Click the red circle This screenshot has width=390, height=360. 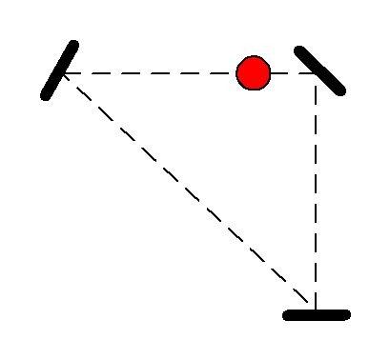pyautogui.click(x=254, y=72)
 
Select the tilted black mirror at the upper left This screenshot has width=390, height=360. pyautogui.click(x=60, y=70)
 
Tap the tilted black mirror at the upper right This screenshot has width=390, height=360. pyautogui.click(x=320, y=70)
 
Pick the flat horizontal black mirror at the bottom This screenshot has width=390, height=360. pyautogui.click(x=317, y=314)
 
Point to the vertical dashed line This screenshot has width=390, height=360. pyautogui.click(x=316, y=190)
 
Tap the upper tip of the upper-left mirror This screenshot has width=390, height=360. pyautogui.click(x=75, y=44)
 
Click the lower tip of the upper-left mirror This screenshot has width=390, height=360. pyautogui.click(x=45, y=96)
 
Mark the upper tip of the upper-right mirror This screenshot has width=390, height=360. pyautogui.click(x=299, y=50)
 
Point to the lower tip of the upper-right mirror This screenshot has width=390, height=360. pyautogui.click(x=342, y=91)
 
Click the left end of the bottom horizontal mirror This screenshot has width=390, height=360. pyautogui.click(x=287, y=314)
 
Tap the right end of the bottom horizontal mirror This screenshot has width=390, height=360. pyautogui.click(x=347, y=314)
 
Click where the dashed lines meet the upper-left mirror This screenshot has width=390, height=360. pyautogui.click(x=62, y=72)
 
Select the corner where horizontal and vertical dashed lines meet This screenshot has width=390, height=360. pyautogui.click(x=316, y=73)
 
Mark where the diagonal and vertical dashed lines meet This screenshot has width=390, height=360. pyautogui.click(x=316, y=307)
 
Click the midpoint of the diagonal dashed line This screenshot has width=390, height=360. pyautogui.click(x=188, y=189)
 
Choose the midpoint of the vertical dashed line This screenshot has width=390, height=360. pyautogui.click(x=316, y=190)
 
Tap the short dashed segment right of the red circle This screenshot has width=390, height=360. pyautogui.click(x=292, y=72)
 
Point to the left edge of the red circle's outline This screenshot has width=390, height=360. pyautogui.click(x=237, y=72)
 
